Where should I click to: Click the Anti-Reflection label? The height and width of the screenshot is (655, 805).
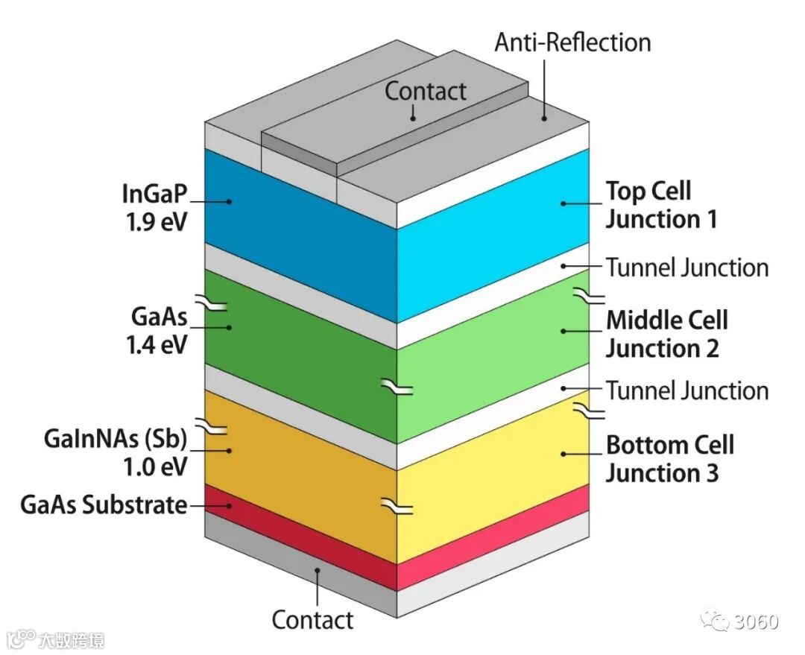point(572,42)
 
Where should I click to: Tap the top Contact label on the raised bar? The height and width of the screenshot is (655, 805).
point(425,91)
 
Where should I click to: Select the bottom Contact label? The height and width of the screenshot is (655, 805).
point(312,619)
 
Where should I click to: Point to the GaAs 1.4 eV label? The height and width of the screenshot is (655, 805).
point(157,332)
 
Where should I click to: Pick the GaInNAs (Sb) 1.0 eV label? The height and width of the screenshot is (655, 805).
point(115,452)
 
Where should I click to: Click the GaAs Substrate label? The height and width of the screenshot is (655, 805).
point(103,504)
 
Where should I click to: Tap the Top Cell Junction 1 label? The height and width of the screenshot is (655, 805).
point(660,205)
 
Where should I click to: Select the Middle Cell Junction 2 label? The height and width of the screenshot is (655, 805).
point(666,334)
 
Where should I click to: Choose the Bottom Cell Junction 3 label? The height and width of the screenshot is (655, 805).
point(669,458)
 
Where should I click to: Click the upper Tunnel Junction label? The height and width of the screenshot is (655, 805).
point(686,268)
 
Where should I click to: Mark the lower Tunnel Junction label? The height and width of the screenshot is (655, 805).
point(686,390)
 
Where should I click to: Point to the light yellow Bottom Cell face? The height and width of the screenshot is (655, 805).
point(492,477)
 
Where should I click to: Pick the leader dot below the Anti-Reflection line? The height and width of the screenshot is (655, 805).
point(545,116)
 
